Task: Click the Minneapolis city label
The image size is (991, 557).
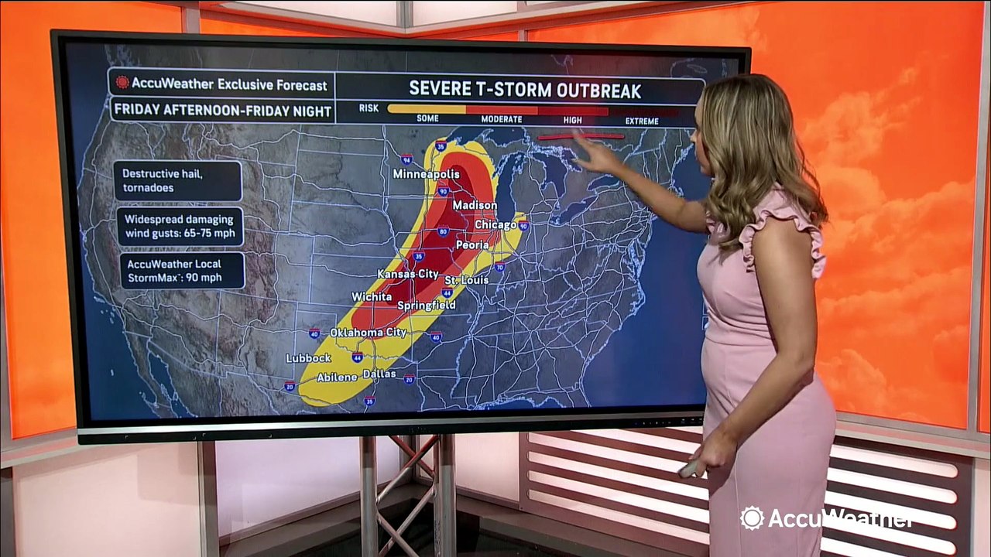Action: pos(426,174)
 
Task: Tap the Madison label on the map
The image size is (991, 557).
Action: pos(475,205)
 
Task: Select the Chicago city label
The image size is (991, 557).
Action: pos(495,224)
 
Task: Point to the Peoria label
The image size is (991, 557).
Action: pos(471,244)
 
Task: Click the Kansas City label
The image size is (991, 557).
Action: pos(408,274)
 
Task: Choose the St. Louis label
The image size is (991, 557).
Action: pos(466,279)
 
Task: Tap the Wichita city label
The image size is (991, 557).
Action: pos(371,296)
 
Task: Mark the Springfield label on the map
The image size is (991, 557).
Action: pos(427,306)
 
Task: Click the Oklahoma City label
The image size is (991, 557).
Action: pos(369,333)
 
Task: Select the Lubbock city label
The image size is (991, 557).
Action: pos(308,358)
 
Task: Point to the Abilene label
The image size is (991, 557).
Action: pos(336,378)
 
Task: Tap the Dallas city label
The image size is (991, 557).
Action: pos(379,374)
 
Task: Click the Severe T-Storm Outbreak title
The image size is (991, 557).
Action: pos(525,90)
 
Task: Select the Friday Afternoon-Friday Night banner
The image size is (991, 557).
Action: pos(223,110)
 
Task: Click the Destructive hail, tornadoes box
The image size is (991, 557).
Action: pos(177,180)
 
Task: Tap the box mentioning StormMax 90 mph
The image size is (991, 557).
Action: pos(182,271)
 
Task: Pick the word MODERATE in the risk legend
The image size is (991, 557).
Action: pos(502,120)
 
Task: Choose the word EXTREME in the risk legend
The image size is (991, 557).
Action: pos(642,121)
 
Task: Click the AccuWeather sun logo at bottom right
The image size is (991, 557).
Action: pos(751,518)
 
